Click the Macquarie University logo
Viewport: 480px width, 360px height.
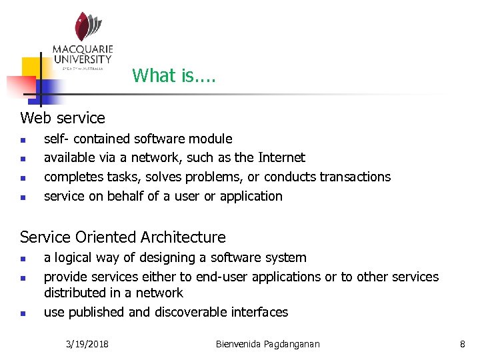[83, 41]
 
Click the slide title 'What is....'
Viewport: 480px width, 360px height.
[173, 75]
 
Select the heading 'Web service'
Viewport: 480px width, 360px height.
[63, 118]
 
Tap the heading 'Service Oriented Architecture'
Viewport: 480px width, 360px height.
[123, 237]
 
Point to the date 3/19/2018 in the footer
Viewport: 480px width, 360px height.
[88, 344]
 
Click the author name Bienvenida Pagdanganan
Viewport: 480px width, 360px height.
[268, 344]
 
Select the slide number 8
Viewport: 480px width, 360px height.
[462, 344]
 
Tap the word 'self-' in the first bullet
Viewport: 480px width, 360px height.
[57, 139]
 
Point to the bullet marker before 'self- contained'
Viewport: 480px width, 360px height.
[23, 140]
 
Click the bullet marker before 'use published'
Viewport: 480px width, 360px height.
[23, 313]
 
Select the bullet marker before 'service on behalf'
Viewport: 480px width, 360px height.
[23, 197]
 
